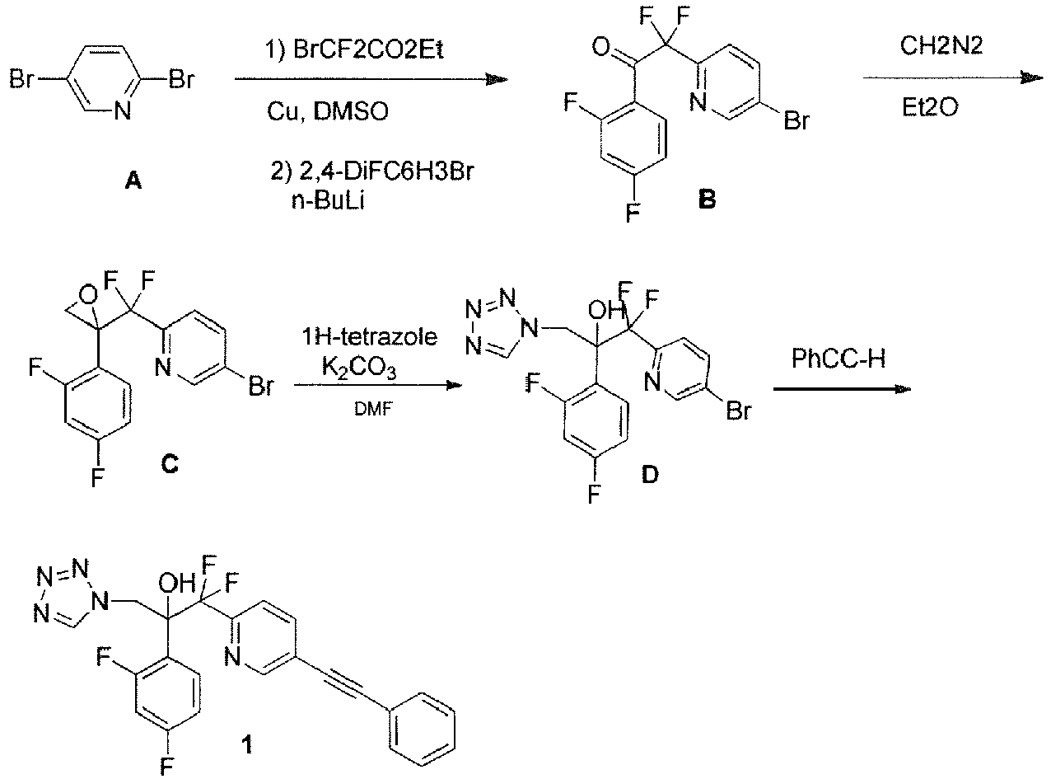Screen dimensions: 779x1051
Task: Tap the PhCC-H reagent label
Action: coord(843,359)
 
